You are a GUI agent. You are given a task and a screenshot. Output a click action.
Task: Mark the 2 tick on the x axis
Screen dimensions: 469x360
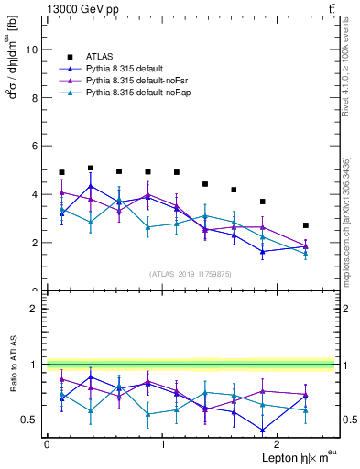tap(278, 444)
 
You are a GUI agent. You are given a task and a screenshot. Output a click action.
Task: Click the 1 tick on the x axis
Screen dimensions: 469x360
tap(163, 444)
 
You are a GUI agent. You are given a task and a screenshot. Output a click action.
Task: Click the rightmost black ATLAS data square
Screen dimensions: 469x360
tap(306, 225)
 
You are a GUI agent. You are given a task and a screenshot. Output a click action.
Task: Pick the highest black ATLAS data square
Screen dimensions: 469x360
tap(91, 169)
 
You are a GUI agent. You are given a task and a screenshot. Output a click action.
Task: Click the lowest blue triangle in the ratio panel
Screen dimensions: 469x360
tap(263, 430)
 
